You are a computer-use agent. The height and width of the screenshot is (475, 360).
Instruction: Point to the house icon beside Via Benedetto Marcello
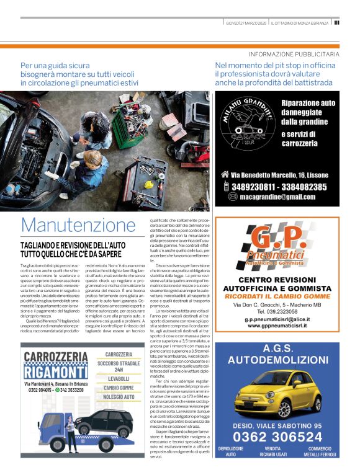coord(225,175)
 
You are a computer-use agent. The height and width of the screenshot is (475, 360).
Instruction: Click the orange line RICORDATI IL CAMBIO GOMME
coord(277,296)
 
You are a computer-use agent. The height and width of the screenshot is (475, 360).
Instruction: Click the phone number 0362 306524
coord(277,437)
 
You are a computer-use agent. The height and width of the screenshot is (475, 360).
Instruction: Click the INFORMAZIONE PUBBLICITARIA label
coord(294,54)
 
